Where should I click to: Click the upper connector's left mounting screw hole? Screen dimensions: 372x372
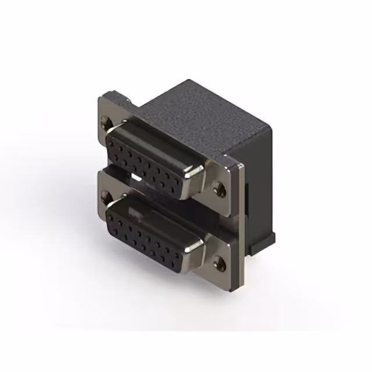105,123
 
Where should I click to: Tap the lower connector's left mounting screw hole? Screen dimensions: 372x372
105,195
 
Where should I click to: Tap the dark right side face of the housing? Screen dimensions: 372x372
259,192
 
